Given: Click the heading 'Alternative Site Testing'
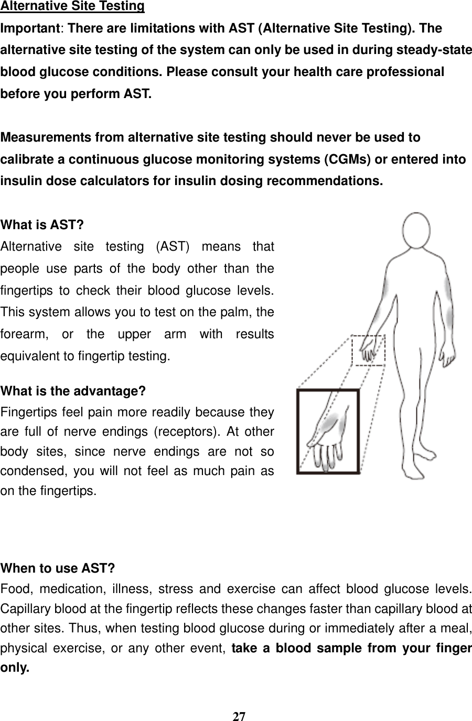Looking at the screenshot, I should click(x=72, y=6).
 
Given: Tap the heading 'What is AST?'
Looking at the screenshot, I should click(x=42, y=225).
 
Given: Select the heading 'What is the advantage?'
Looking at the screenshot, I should click(x=73, y=391).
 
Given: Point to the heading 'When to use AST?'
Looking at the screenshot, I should click(x=58, y=568).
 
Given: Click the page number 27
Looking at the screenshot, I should click(x=239, y=716).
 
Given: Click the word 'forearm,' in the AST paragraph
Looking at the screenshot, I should click(x=24, y=335).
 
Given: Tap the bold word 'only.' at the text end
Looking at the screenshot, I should click(x=15, y=670).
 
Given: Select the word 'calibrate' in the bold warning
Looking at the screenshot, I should click(x=26, y=159).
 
